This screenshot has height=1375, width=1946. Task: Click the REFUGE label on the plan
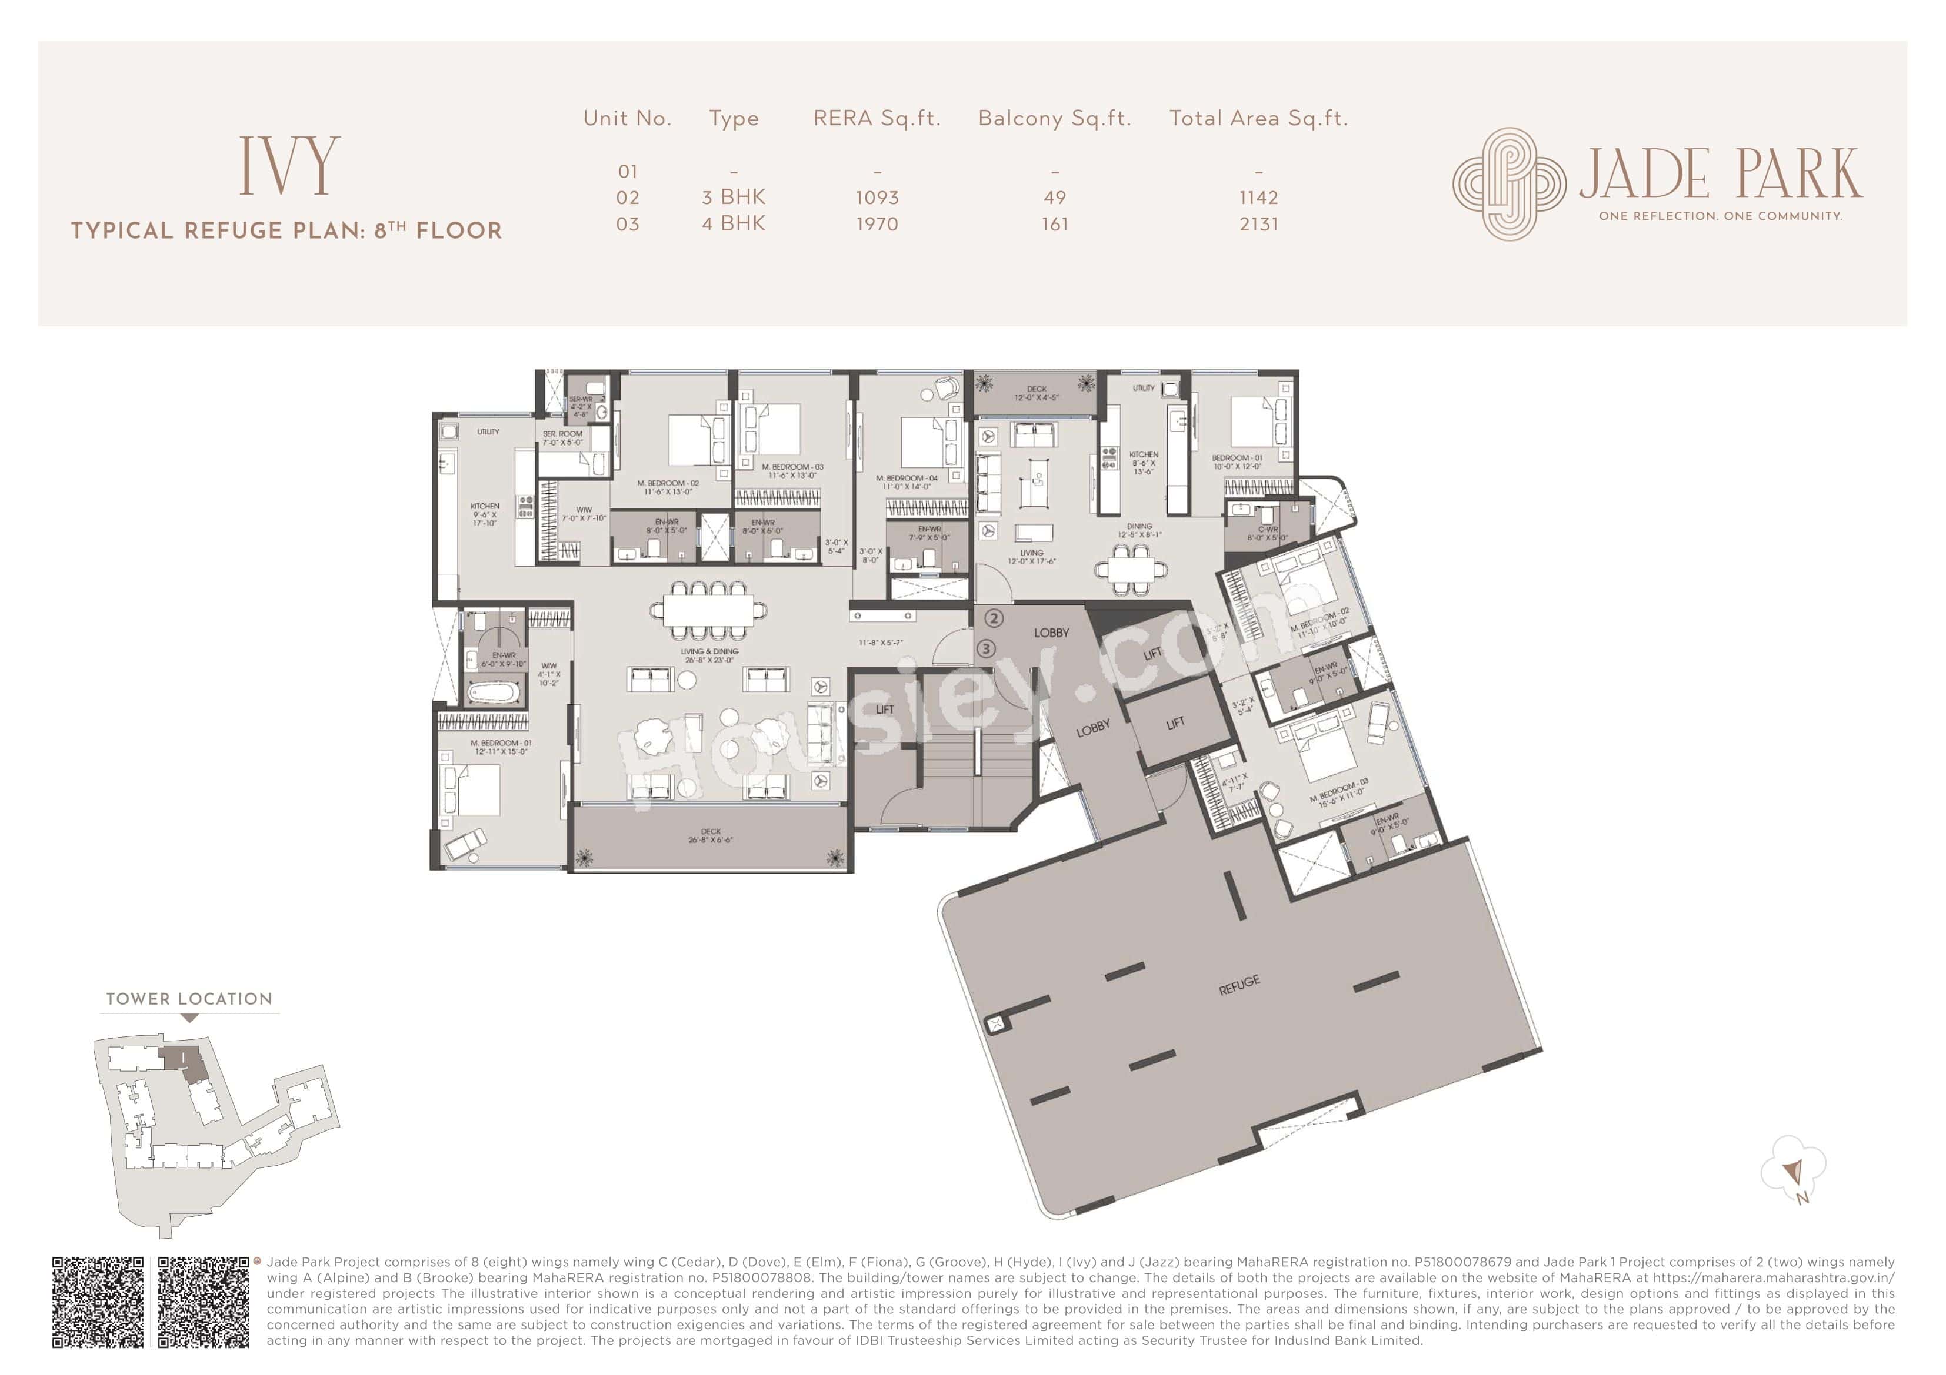click(x=1238, y=985)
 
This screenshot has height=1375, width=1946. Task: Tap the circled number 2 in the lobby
click(x=994, y=619)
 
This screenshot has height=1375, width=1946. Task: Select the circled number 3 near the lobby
click(x=986, y=649)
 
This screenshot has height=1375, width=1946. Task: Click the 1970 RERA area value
click(x=877, y=225)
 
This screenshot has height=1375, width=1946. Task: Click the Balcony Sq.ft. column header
click(x=1054, y=119)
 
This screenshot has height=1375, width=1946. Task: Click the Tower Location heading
click(x=189, y=999)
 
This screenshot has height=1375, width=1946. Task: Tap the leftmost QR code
click(x=98, y=1302)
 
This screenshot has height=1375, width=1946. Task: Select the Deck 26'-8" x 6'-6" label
click(x=710, y=835)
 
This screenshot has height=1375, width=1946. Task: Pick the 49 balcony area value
click(x=1054, y=198)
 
